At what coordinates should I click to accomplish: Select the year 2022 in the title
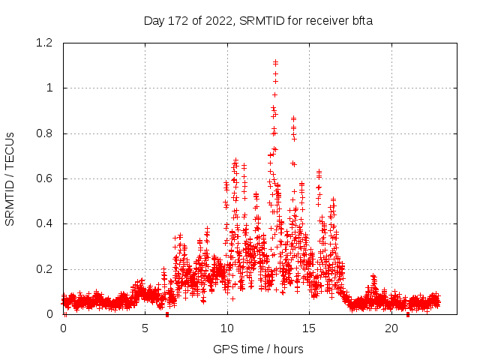219,21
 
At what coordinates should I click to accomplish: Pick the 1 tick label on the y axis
49,88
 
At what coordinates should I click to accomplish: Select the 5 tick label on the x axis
145,328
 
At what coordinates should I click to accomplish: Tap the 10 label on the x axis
227,328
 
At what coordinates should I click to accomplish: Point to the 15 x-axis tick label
310,328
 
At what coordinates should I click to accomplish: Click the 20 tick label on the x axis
391,328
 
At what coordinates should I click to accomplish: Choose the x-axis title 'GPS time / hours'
258,349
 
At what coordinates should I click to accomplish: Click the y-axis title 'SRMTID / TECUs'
10,178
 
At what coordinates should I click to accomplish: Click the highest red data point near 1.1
276,62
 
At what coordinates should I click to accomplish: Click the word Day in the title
153,21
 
